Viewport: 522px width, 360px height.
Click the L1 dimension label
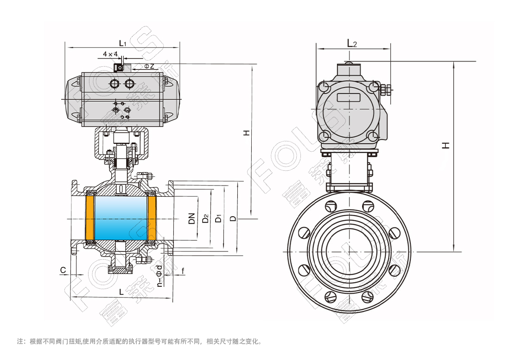point(122,43)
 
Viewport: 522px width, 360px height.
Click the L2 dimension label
point(352,43)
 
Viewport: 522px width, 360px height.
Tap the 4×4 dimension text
point(110,54)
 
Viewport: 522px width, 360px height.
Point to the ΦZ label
point(149,66)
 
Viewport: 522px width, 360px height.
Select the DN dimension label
point(191,219)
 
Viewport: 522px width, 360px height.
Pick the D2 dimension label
point(206,219)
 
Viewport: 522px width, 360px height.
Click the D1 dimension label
point(218,219)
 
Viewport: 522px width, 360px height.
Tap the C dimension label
point(63,270)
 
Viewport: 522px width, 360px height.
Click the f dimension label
point(183,270)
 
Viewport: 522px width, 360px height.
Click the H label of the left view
point(246,133)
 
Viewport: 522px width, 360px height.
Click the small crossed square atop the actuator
point(118,68)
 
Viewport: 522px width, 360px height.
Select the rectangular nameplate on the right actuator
point(349,97)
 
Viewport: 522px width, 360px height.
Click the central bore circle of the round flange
point(349,252)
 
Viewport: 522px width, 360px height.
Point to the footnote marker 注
point(20,341)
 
